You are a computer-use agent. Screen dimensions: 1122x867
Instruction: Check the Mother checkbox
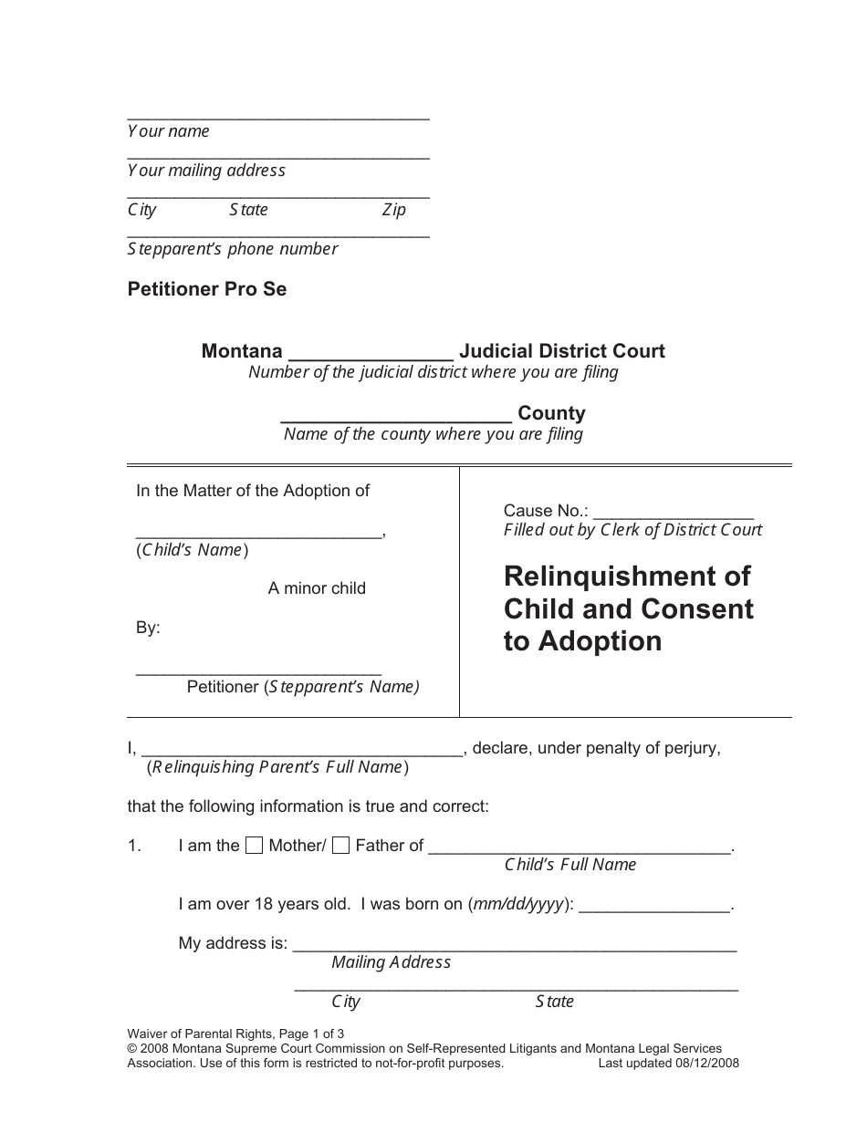point(256,846)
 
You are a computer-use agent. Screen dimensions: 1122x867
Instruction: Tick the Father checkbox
point(340,846)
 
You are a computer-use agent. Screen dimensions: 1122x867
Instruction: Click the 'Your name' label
point(169,131)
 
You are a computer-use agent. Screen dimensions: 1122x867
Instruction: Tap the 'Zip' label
point(393,210)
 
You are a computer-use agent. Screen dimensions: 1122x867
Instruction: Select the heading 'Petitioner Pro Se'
point(207,289)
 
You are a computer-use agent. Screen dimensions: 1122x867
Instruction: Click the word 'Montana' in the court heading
point(242,351)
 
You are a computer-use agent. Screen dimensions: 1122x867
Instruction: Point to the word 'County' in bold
point(551,413)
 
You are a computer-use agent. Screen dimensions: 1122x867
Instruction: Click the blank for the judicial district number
point(370,354)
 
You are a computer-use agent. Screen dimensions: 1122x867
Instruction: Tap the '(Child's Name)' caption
point(193,550)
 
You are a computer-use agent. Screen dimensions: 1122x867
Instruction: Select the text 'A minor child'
point(317,588)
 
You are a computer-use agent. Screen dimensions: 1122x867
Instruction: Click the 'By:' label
point(148,629)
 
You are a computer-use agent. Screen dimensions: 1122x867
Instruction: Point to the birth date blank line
point(654,907)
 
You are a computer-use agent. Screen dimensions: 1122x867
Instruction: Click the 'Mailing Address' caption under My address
point(391,962)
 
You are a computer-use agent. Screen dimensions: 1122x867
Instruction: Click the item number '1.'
point(134,847)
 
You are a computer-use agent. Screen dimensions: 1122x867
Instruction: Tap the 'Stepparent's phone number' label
point(233,249)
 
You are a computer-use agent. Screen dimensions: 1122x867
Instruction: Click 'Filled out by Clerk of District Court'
point(632,530)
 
